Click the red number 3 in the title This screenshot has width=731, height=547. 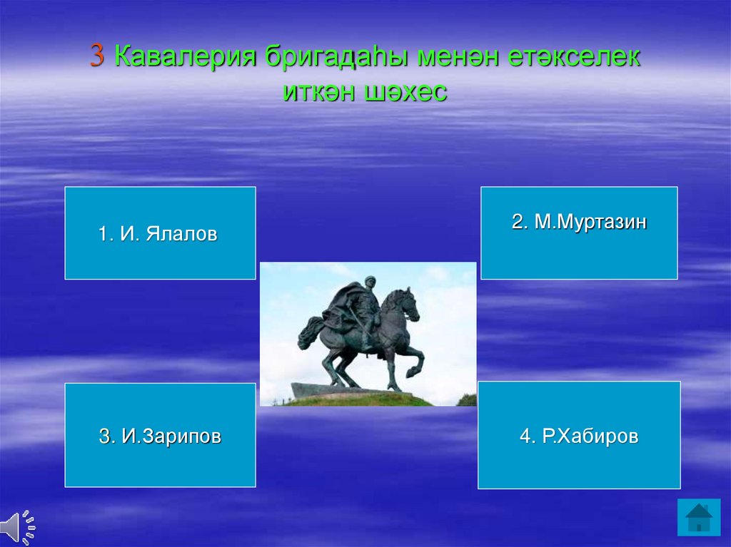coord(97,56)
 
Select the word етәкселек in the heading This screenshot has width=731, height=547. coord(574,57)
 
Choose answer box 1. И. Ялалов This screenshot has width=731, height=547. coord(161,233)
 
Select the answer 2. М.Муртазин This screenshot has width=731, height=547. coord(579,233)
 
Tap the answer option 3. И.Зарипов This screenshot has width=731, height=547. coord(161,435)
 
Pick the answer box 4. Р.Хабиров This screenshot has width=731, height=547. coord(579,435)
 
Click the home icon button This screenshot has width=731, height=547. coord(699,517)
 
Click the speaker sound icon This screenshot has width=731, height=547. coord(18,528)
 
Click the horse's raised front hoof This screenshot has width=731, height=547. coord(411,372)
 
